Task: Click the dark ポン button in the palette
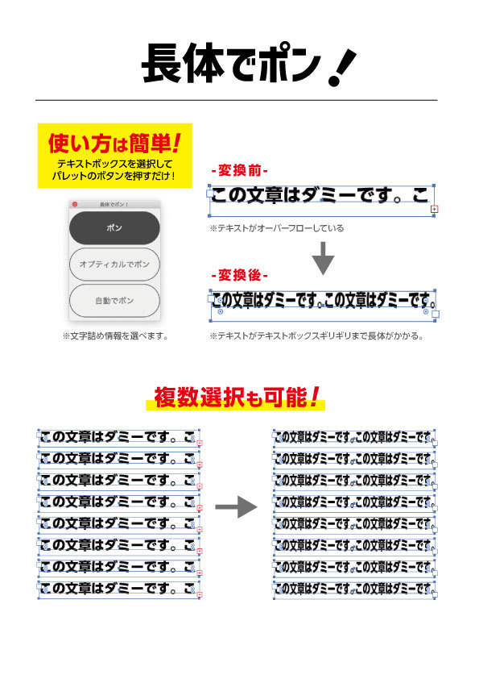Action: pos(114,227)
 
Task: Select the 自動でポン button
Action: pos(114,301)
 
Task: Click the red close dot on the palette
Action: pos(74,204)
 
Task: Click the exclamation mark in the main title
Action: pos(341,66)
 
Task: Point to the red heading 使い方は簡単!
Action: pos(114,144)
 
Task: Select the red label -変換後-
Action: pos(240,275)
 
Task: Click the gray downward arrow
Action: pos(323,258)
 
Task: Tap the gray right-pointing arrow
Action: pos(236,506)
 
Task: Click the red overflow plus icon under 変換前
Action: pos(434,209)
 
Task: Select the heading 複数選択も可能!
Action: pos(237,397)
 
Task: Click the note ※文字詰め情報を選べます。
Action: pos(115,336)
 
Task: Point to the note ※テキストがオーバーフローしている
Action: pos(277,228)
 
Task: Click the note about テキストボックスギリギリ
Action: pos(316,336)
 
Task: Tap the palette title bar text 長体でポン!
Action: pos(114,204)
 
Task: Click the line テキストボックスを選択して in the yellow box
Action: pos(114,165)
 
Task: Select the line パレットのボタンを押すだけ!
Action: pos(114,176)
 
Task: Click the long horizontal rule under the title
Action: pos(237,100)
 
